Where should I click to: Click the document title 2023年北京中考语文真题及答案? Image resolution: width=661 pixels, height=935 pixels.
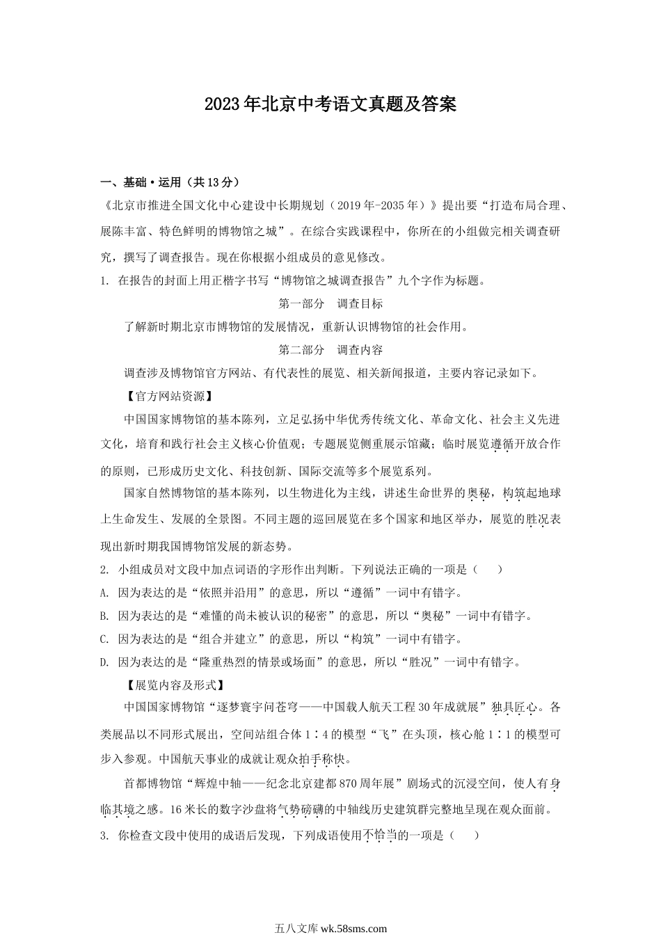pyautogui.click(x=330, y=104)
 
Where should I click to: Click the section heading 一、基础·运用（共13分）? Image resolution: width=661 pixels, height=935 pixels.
pyautogui.click(x=170, y=182)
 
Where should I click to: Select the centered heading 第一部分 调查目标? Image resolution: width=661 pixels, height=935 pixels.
pyautogui.click(x=330, y=303)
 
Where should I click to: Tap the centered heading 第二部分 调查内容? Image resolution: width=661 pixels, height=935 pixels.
pyautogui.click(x=330, y=349)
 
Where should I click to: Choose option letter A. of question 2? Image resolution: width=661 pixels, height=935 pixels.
pyautogui.click(x=104, y=593)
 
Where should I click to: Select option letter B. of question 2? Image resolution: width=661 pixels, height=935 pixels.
pyautogui.click(x=104, y=616)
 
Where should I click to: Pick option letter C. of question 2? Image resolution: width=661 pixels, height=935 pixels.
pyautogui.click(x=104, y=639)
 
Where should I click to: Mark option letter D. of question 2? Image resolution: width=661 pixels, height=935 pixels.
pyautogui.click(x=104, y=662)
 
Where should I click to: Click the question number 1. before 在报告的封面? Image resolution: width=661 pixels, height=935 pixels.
pyautogui.click(x=105, y=281)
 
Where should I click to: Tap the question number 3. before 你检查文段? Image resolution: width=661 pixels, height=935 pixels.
pyautogui.click(x=105, y=836)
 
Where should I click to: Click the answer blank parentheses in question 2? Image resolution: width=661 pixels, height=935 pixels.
pyautogui.click(x=486, y=570)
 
